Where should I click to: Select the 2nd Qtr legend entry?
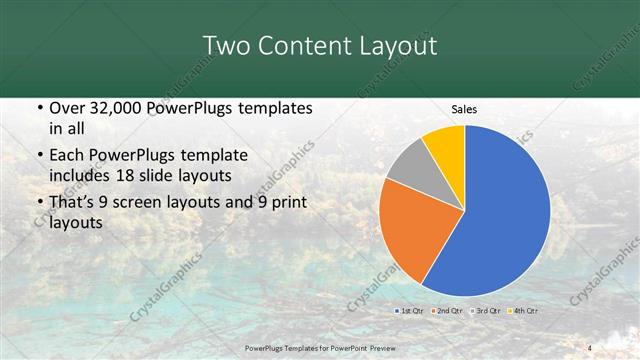coord(447,311)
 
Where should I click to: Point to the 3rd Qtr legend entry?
coord(487,311)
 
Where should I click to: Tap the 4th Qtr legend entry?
coord(525,311)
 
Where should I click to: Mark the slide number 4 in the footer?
coord(590,348)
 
